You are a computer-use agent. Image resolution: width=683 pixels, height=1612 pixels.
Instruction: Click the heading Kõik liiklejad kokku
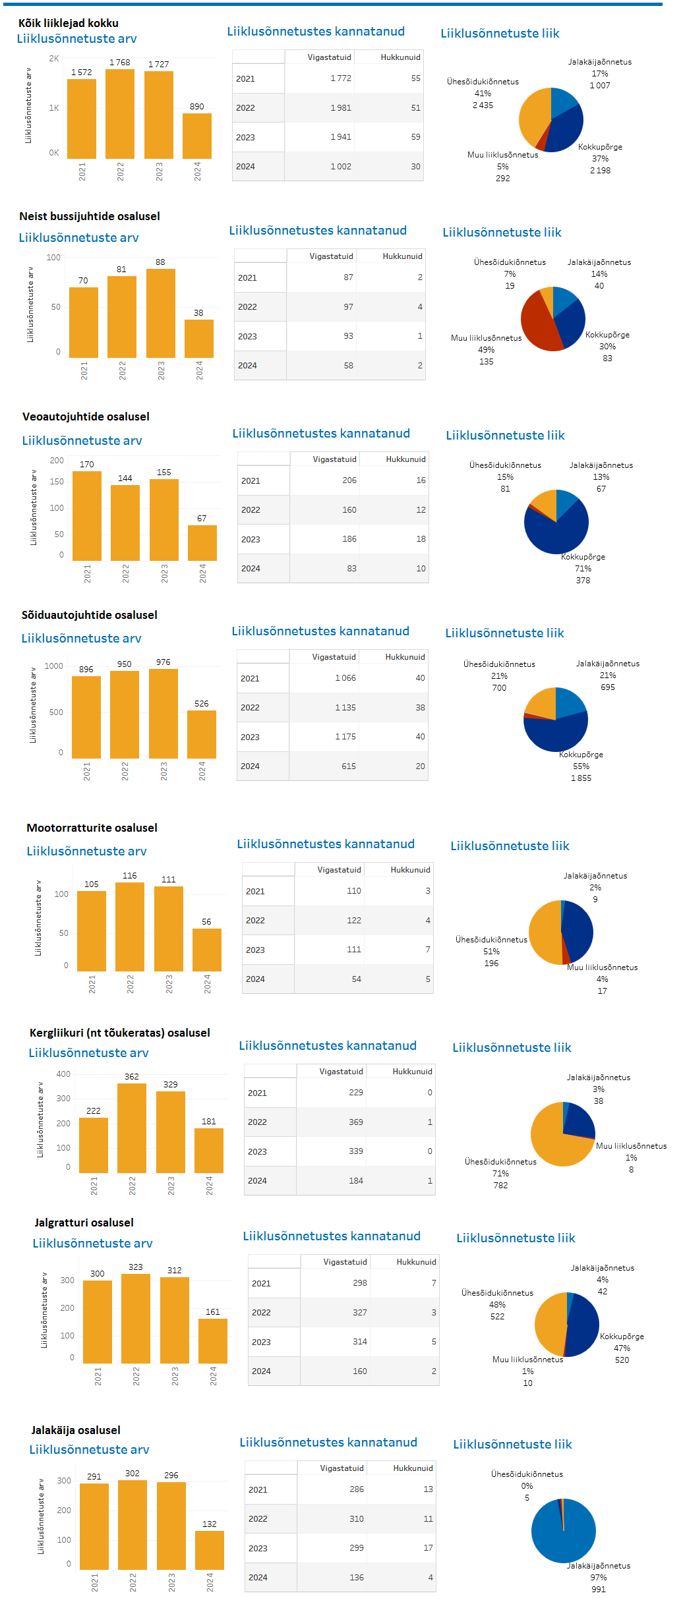(x=69, y=23)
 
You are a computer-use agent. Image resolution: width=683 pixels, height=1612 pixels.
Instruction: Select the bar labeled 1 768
(x=120, y=113)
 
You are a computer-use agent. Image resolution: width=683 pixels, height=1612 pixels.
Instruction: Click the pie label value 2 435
(x=483, y=105)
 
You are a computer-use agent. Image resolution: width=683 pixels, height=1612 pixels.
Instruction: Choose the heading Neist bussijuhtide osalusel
(x=90, y=216)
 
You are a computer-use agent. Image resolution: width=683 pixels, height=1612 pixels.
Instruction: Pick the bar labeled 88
(x=161, y=313)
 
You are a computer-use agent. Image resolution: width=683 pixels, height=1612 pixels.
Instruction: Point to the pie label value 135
(x=487, y=362)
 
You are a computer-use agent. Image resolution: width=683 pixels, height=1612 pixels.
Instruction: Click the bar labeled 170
(x=87, y=515)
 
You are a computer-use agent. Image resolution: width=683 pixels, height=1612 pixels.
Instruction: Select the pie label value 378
(x=583, y=581)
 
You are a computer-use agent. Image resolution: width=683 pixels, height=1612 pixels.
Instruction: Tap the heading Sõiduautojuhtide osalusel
(x=90, y=615)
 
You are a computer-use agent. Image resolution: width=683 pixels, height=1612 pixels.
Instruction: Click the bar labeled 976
(x=163, y=713)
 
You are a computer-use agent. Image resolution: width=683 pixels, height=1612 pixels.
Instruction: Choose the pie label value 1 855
(x=581, y=778)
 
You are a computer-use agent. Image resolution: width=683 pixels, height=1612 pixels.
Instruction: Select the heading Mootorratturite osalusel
(x=92, y=828)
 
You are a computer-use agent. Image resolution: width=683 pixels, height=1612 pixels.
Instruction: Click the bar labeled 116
(x=130, y=927)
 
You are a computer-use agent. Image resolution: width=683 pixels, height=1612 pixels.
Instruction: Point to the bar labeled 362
(x=132, y=1128)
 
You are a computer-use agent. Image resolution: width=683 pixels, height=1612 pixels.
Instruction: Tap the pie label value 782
(x=501, y=1186)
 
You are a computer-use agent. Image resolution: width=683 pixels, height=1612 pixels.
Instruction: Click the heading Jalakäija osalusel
(x=76, y=1430)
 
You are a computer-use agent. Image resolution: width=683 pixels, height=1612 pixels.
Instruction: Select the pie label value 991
(x=599, y=1590)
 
